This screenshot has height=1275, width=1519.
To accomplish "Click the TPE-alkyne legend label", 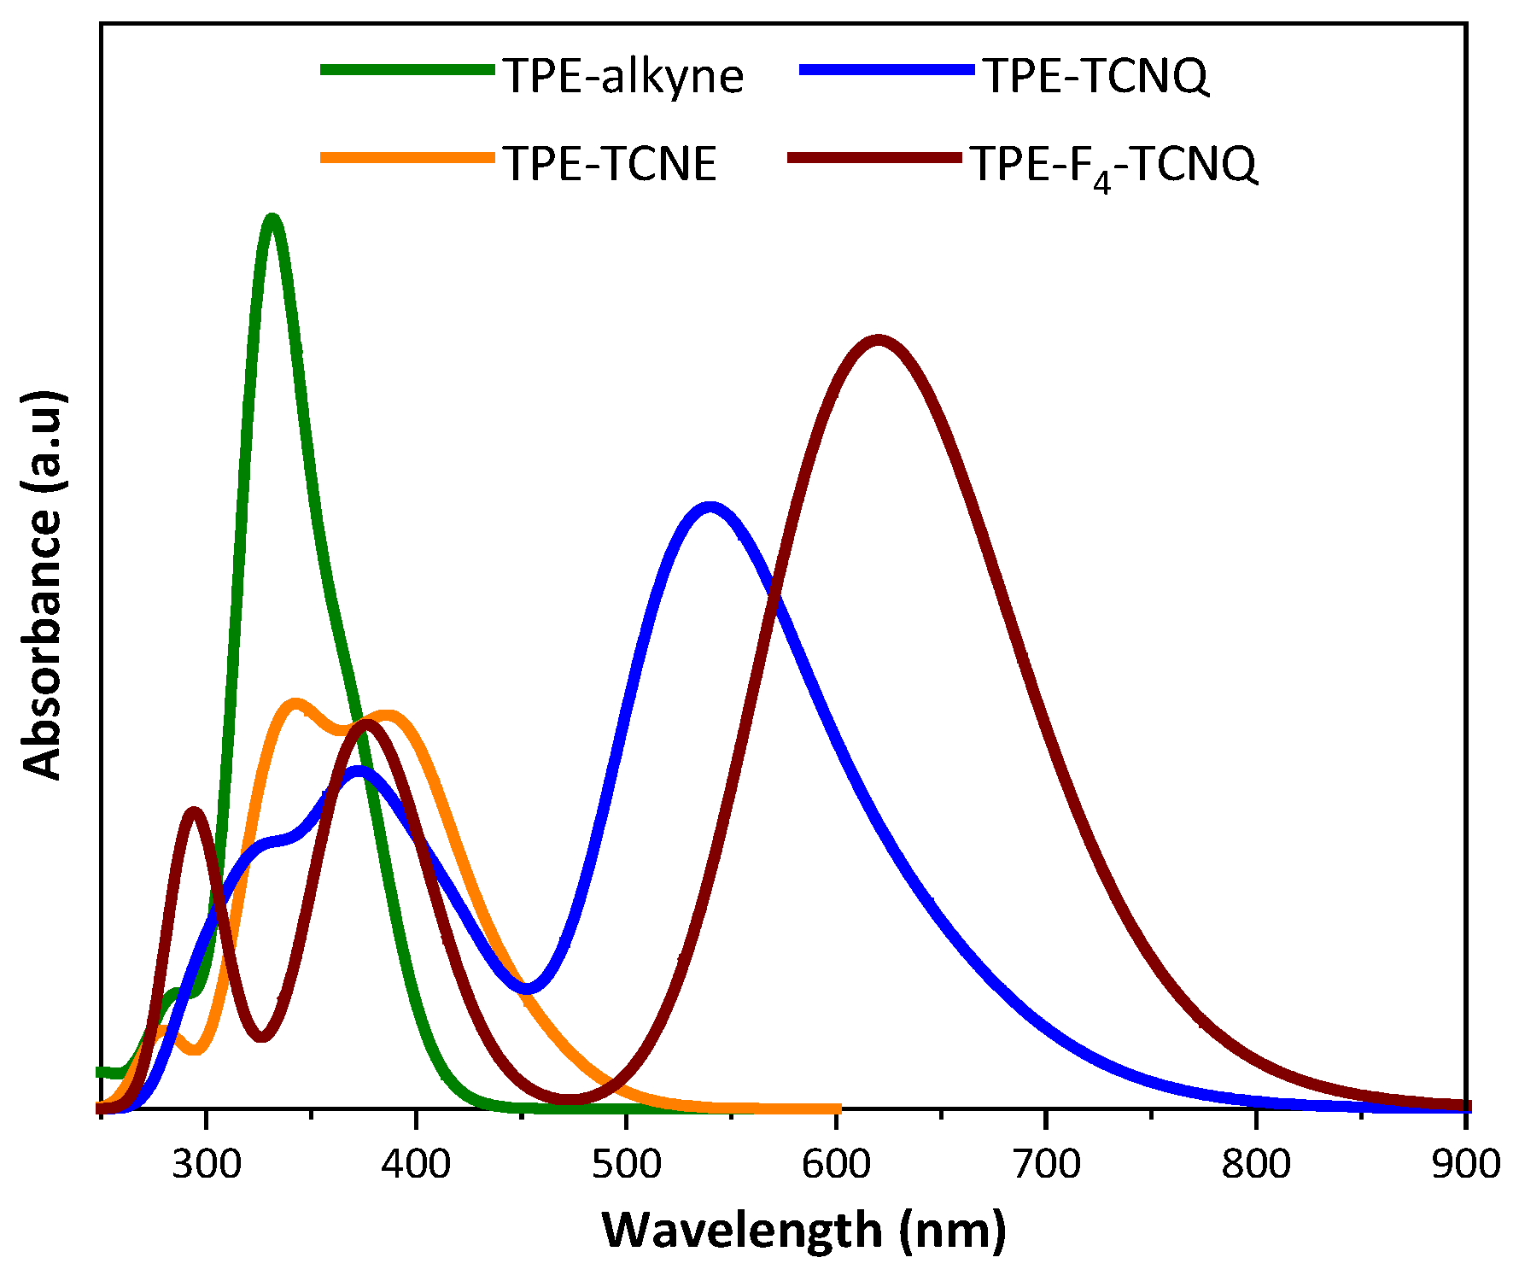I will click(x=623, y=76).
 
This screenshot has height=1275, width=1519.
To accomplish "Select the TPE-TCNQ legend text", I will click(x=1096, y=76).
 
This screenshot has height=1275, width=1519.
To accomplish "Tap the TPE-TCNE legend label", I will click(x=610, y=163).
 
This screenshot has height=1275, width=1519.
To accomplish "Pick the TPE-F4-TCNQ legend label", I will click(x=1113, y=165).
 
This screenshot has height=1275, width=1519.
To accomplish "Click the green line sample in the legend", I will click(x=407, y=71).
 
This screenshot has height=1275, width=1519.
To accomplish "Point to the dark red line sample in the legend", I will click(x=874, y=158).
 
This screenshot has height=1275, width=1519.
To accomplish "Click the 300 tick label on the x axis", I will click(x=206, y=1164).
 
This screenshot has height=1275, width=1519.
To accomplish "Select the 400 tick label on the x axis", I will click(x=416, y=1164).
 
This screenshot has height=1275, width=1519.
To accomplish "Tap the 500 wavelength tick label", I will click(x=626, y=1164).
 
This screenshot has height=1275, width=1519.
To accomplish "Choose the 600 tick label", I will click(x=836, y=1164).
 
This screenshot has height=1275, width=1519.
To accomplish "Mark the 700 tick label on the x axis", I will click(x=1046, y=1164).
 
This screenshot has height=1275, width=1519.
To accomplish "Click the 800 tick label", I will click(x=1256, y=1164).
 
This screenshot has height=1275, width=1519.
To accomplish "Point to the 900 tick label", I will click(x=1465, y=1164).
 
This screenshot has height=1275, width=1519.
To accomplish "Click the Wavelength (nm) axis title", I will click(x=803, y=1230).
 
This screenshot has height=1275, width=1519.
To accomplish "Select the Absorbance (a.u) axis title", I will click(x=43, y=584).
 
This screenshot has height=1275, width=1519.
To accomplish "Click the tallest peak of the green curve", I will click(x=272, y=219).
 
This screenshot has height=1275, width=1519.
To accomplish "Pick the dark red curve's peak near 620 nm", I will click(x=878, y=341).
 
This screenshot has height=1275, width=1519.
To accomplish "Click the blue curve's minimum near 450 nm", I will click(x=528, y=989).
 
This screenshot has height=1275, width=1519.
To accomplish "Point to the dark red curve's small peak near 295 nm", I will click(x=194, y=811).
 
